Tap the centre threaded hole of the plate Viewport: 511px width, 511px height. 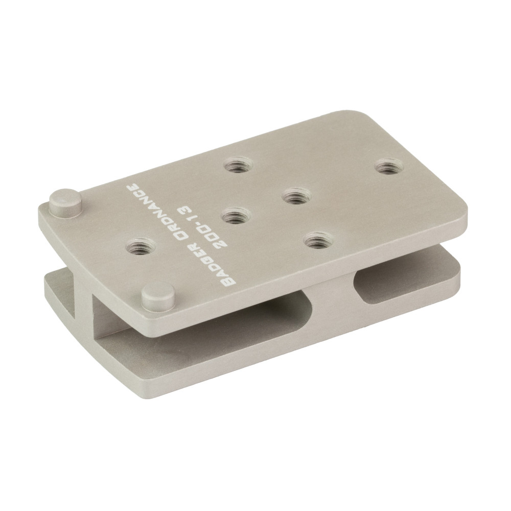[297, 196]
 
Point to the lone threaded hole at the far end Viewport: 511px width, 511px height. [390, 166]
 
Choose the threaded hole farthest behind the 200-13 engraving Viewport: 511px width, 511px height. [240, 166]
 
